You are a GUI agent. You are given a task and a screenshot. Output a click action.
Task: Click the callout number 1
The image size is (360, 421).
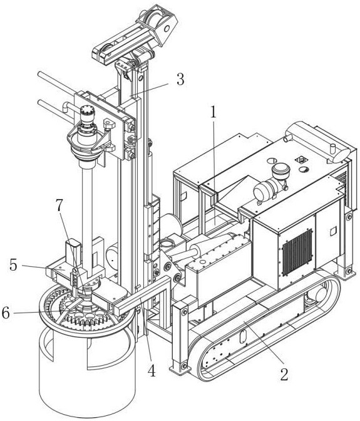(x=213, y=113)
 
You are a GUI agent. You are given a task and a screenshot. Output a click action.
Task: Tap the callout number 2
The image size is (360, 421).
(x=284, y=374)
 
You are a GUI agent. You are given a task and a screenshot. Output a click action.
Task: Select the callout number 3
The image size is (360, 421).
(x=180, y=80)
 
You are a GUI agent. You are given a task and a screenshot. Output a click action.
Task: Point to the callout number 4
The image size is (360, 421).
(x=152, y=372)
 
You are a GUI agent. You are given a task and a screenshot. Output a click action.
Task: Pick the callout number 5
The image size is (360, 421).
(x=13, y=265)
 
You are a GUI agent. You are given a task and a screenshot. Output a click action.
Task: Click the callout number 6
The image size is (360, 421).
(x=6, y=313)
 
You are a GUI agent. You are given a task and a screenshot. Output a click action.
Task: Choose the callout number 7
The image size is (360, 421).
(x=59, y=206)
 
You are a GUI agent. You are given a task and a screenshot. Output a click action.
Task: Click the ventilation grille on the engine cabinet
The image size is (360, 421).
(x=297, y=252)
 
